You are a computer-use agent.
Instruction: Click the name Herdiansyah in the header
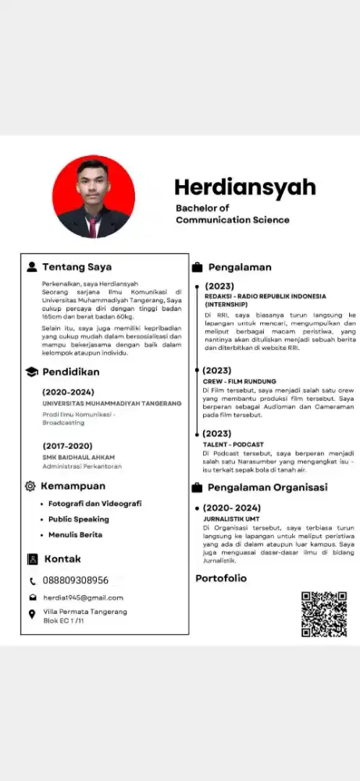coord(244,187)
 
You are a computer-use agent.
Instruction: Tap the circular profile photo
coord(93,197)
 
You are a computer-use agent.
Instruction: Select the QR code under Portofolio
coord(323,614)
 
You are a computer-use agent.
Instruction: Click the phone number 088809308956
coord(76,580)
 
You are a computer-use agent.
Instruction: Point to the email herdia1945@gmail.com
coord(83,597)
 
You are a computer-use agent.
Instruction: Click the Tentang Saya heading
coord(77,266)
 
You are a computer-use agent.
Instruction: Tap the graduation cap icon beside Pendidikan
coord(32,372)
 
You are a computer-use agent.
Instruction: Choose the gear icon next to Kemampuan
coord(30,486)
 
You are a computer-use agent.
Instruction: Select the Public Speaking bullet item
coord(78,519)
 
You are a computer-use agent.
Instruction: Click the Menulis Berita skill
coord(75,534)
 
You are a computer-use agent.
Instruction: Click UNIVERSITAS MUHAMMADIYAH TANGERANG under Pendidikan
coord(112,403)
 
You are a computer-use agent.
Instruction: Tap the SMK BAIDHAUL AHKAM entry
coord(78,457)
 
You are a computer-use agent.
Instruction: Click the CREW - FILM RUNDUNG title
coord(234,381)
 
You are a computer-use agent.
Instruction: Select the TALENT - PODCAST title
coord(233,444)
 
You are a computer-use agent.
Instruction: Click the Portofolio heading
coord(220,578)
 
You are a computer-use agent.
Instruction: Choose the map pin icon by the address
coord(32,615)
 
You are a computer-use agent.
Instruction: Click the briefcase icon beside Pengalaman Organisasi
coord(197,487)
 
